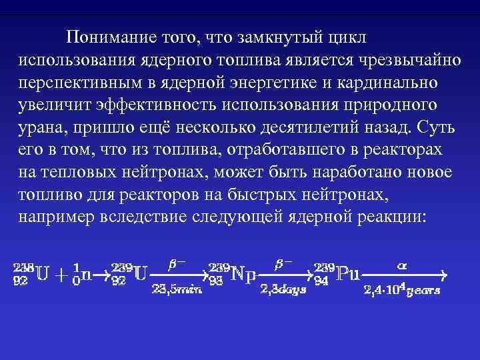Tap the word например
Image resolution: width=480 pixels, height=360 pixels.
(57, 217)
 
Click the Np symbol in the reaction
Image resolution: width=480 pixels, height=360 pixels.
(245, 275)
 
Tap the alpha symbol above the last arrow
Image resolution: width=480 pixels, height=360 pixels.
(401, 264)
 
